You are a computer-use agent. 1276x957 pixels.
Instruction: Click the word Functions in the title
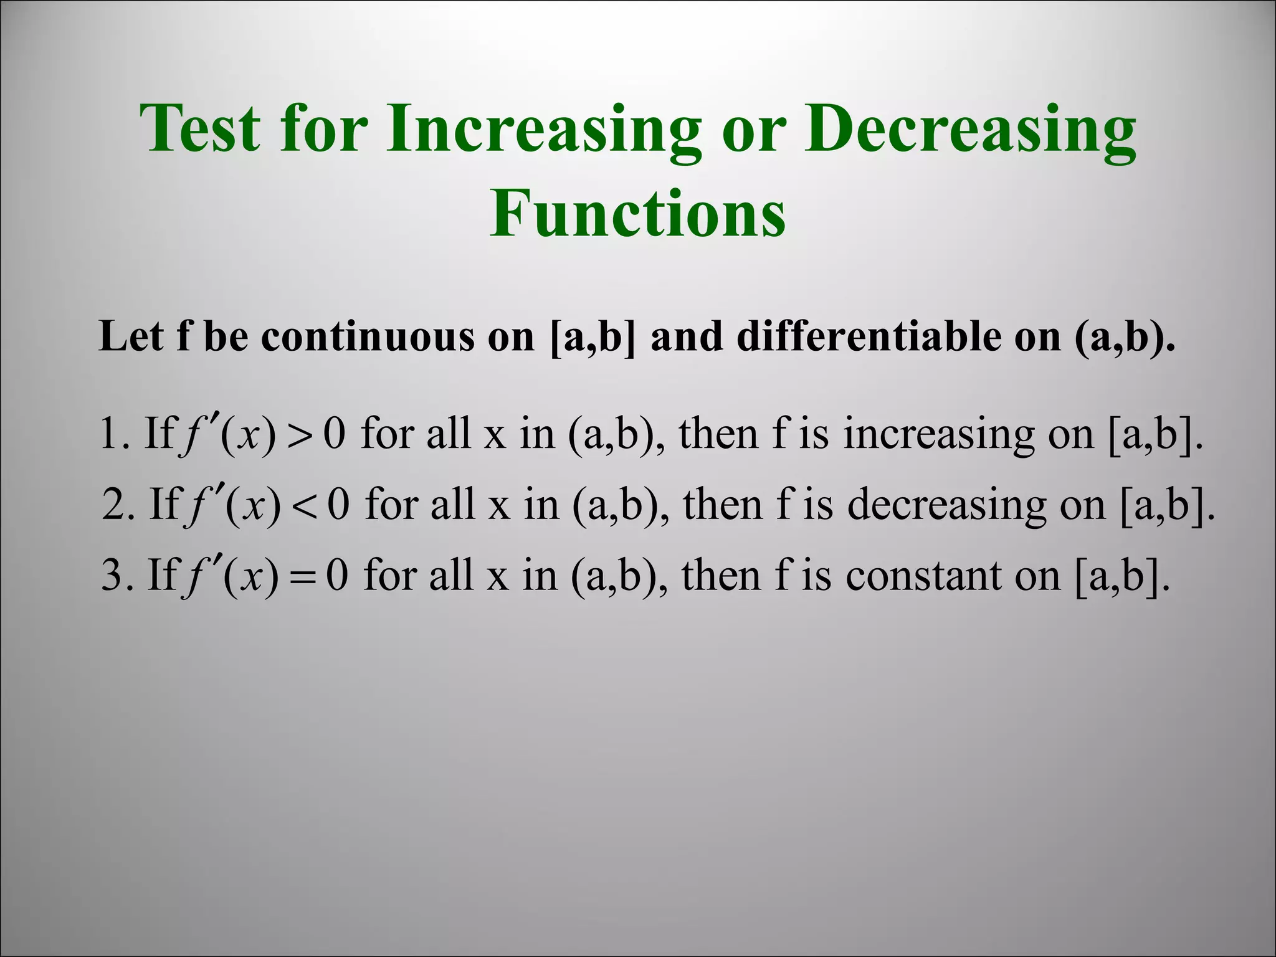[637, 214]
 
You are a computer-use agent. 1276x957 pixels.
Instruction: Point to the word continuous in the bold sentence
[367, 337]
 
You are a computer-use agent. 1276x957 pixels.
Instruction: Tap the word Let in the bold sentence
[130, 337]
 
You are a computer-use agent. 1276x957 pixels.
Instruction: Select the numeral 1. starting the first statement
[115, 434]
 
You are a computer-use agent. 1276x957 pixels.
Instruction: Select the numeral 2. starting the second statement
[118, 505]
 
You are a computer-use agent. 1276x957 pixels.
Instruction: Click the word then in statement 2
[723, 505]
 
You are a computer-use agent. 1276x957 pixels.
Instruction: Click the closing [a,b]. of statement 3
[1121, 576]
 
